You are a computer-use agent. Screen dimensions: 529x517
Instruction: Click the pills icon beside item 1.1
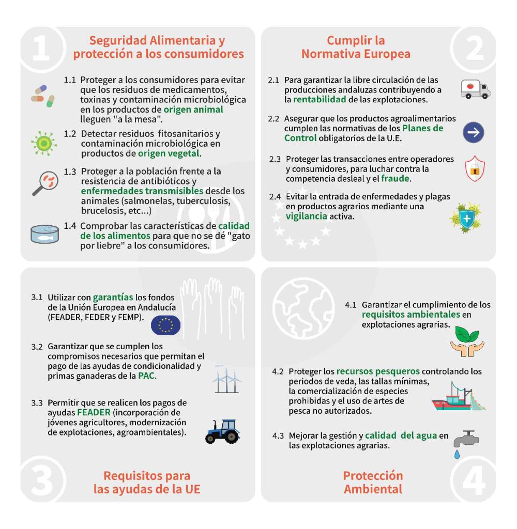coord(43,96)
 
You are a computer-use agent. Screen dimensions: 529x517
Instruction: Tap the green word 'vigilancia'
coord(306,216)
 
